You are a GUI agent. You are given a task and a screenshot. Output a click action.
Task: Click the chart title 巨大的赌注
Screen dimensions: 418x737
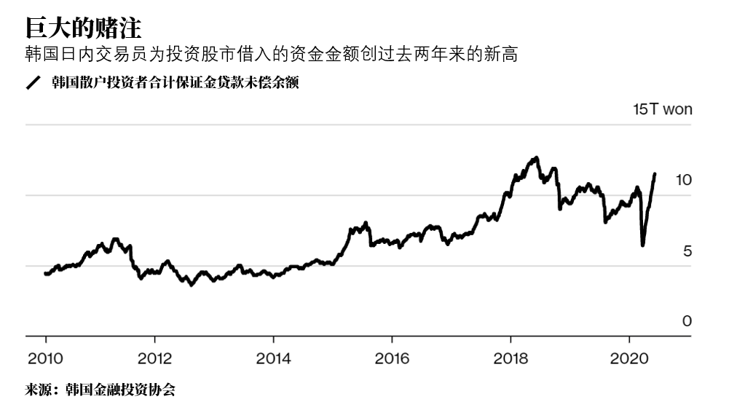[83, 28]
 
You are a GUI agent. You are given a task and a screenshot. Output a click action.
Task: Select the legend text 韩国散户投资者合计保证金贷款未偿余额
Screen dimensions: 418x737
[175, 82]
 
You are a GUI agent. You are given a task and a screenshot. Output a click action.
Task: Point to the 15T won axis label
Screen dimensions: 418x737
[662, 109]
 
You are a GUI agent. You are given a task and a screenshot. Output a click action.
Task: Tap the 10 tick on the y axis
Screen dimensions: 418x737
[682, 180]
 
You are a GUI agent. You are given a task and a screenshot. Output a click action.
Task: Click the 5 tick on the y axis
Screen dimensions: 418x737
[687, 251]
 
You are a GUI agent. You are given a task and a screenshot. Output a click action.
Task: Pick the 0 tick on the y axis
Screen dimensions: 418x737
[687, 321]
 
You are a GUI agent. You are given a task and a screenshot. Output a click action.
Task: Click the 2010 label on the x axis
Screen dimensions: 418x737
[45, 358]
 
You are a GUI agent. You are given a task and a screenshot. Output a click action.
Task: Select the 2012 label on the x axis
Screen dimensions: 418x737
[154, 358]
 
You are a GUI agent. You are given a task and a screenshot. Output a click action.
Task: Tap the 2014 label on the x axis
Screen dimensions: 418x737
[272, 358]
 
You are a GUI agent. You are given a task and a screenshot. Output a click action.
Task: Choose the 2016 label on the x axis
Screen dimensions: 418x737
[392, 358]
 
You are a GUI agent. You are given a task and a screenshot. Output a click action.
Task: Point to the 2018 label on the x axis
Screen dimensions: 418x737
[511, 358]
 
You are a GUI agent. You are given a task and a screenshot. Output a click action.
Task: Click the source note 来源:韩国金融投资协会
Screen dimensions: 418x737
[100, 390]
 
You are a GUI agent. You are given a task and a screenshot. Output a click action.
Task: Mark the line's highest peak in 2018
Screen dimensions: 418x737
[537, 157]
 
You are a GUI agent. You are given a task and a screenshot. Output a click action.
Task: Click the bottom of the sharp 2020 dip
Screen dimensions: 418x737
[642, 245]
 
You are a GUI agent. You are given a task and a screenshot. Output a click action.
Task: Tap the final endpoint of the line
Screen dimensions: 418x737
[655, 174]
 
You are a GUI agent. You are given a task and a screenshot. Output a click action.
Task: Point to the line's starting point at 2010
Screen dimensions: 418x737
[45, 274]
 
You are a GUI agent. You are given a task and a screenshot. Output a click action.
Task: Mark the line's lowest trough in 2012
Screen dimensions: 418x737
[192, 285]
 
